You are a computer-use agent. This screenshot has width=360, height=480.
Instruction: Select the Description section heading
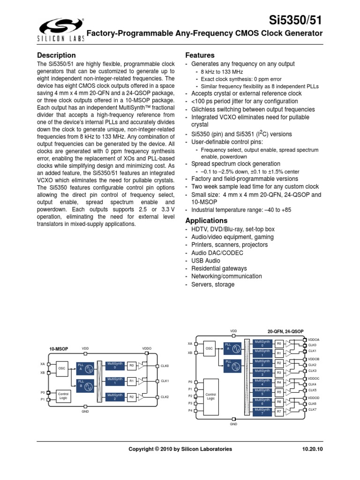(x=56, y=55)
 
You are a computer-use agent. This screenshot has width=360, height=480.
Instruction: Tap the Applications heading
(x=207, y=220)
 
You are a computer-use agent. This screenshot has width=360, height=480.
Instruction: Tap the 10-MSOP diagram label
(x=59, y=349)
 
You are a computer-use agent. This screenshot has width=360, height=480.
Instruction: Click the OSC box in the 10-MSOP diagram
(x=62, y=368)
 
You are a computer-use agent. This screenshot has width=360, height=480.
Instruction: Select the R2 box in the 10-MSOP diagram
(x=132, y=397)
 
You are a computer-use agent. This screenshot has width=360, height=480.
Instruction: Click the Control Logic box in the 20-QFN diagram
(x=211, y=396)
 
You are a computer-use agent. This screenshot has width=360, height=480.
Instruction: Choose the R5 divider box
(x=279, y=392)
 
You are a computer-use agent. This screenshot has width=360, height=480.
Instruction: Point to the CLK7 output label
(x=312, y=410)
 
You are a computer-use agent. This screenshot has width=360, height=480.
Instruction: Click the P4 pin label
(x=190, y=410)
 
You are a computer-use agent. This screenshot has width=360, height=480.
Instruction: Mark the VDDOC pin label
(x=313, y=378)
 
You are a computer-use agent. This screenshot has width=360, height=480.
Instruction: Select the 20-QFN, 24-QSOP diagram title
(x=283, y=331)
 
